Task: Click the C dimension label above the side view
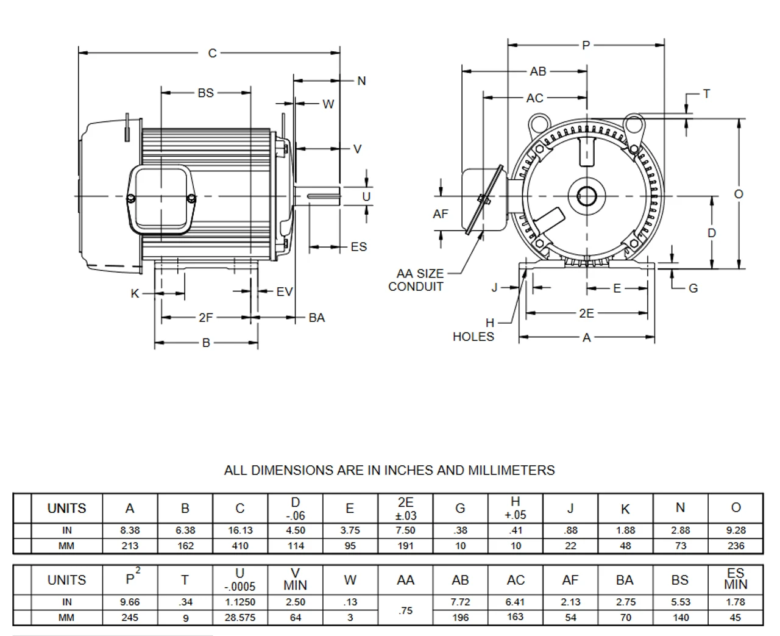(x=212, y=54)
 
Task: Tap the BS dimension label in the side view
(x=206, y=93)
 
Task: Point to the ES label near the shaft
(x=359, y=247)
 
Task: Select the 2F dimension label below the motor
(x=206, y=318)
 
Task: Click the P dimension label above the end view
(x=586, y=45)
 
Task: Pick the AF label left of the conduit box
(x=440, y=214)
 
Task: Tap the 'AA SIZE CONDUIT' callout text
(x=419, y=280)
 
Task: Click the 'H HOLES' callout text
(x=473, y=330)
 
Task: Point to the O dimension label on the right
(x=739, y=194)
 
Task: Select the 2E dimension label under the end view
(x=586, y=313)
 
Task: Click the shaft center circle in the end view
(x=587, y=196)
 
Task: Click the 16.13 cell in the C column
(x=240, y=531)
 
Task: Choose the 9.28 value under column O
(x=736, y=531)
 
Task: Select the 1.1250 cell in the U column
(x=240, y=602)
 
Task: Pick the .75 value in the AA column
(x=405, y=610)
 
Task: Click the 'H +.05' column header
(x=516, y=508)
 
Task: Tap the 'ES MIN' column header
(x=736, y=579)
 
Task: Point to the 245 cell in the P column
(x=130, y=618)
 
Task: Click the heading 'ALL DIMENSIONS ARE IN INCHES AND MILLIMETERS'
(x=389, y=471)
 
